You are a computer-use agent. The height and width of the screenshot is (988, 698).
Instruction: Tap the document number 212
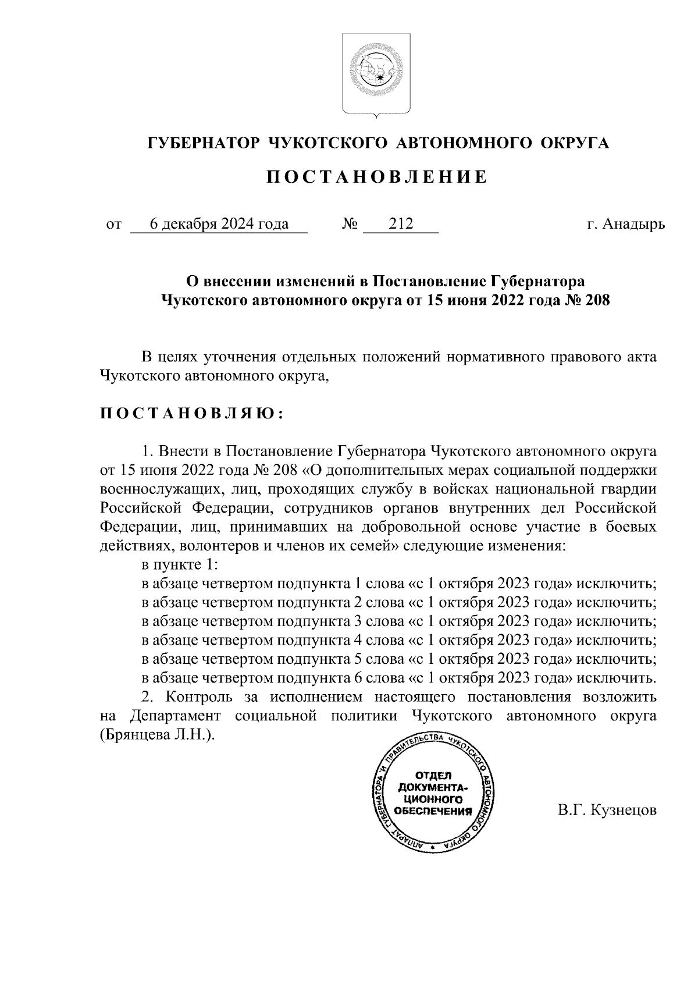click(x=401, y=224)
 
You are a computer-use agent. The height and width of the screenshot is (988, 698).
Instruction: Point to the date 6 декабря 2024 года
click(x=219, y=224)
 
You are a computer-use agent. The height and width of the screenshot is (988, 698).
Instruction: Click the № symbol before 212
click(x=350, y=224)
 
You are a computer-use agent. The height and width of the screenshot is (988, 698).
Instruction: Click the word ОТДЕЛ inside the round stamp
click(x=432, y=776)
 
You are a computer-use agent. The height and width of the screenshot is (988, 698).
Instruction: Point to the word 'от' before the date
click(x=113, y=225)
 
